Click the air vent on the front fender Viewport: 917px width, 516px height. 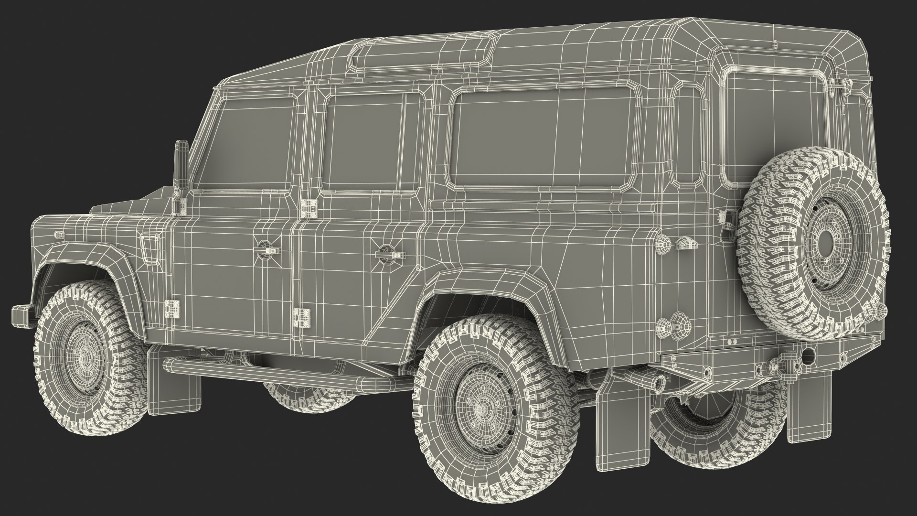152,248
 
